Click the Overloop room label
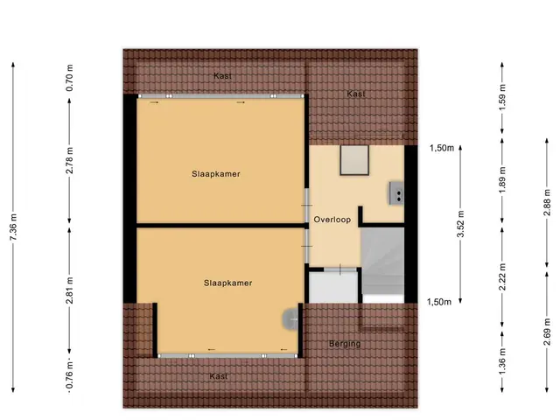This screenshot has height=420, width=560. coord(332,220)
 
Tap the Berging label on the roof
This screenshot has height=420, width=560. coord(345,344)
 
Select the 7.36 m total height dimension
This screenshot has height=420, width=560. coord(14,227)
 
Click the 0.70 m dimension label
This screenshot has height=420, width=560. coord(69,78)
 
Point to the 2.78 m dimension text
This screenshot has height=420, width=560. coord(69,160)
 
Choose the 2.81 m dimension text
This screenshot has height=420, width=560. coord(69,290)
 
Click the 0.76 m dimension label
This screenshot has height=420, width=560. coord(69,375)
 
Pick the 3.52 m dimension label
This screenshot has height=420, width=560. coord(461,224)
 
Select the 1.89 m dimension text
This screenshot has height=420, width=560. coord(502,179)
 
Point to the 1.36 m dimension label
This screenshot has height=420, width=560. coord(502,361)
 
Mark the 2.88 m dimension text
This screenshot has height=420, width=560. coord(547,202)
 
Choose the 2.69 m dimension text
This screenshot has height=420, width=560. coord(547,332)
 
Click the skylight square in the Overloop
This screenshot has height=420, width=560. coord(354,160)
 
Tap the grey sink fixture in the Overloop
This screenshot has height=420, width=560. coord(396,193)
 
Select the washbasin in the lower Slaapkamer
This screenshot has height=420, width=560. coord(290,318)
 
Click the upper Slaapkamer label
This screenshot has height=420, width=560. coord(216,174)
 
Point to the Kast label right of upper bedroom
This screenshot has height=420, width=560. coord(356,94)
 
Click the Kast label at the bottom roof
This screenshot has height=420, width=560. coord(219,376)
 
